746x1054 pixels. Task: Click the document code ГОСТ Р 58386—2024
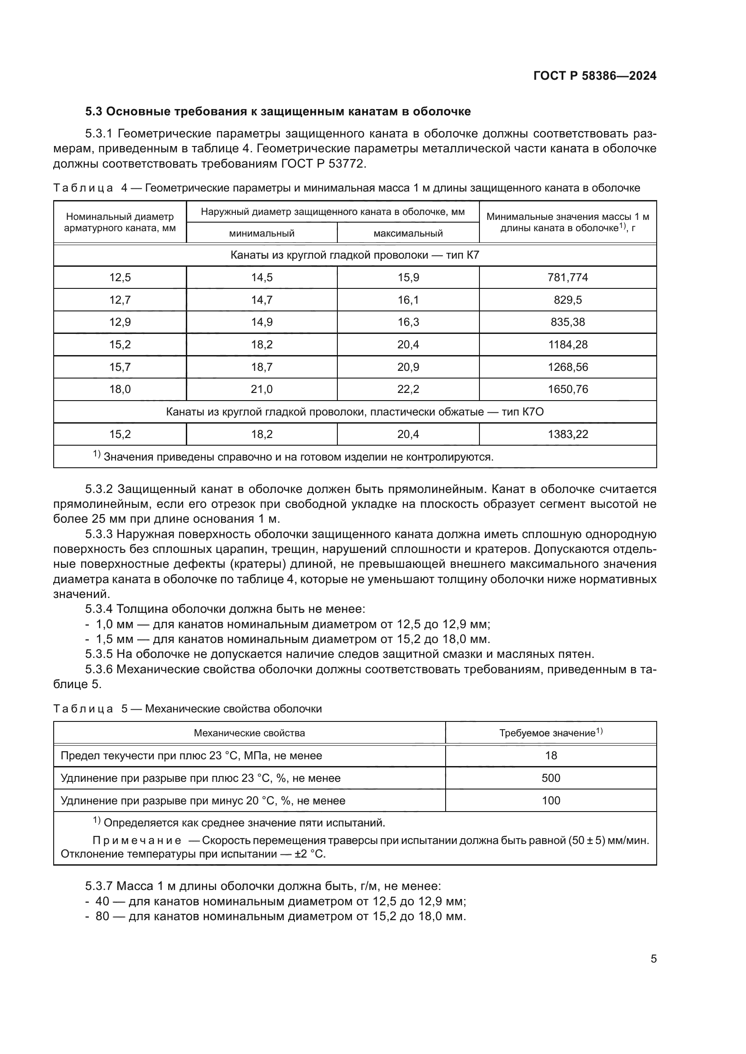click(595, 76)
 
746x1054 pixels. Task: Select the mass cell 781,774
click(567, 277)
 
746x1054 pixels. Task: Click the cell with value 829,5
click(567, 300)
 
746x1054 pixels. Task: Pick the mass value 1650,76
click(567, 389)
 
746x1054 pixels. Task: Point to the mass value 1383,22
click(567, 434)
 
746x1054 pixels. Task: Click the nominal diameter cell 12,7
click(120, 300)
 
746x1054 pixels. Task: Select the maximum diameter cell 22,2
click(408, 389)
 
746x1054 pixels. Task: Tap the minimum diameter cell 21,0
click(262, 389)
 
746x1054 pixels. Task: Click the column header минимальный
click(262, 233)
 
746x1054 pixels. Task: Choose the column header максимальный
click(408, 233)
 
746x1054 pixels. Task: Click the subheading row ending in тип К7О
click(355, 412)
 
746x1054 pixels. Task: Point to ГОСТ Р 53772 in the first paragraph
click(322, 164)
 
